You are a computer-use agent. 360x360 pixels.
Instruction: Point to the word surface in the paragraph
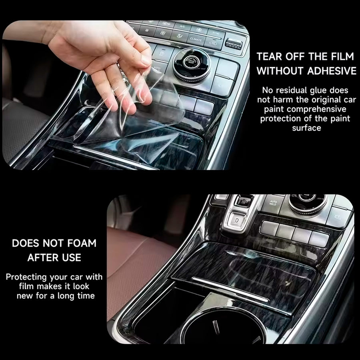tap(306, 128)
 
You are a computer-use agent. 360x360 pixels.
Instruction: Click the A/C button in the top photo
tap(182, 27)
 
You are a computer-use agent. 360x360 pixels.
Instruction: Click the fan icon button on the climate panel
tap(162, 33)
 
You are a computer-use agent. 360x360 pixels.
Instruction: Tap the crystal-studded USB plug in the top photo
tap(233, 44)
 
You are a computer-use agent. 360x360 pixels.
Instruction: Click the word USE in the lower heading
tap(72, 258)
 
